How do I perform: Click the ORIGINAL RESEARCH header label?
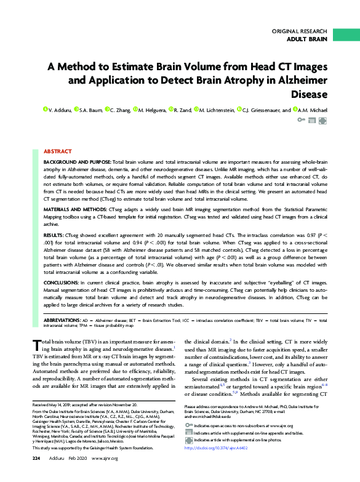tap(300, 31)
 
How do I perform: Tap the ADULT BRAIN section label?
tap(308, 39)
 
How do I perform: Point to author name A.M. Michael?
tap(330, 110)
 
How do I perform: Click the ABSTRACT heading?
tap(57, 151)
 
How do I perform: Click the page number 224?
tap(36, 475)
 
